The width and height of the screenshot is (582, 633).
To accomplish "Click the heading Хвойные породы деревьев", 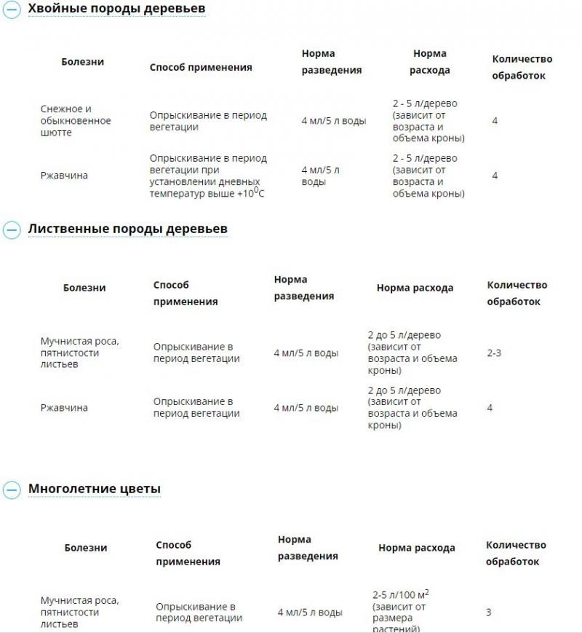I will point(116,9).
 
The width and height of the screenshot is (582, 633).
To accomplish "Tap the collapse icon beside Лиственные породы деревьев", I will point(12,229).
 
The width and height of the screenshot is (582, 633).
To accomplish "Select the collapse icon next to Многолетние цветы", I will point(12,490).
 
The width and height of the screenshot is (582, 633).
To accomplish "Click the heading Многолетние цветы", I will point(95,489).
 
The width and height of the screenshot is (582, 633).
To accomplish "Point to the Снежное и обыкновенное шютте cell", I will point(76,121).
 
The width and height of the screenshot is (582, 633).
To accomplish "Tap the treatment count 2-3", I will point(494,353).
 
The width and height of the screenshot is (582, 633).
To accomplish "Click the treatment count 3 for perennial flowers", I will point(489,613).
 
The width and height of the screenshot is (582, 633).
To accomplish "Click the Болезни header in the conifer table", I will point(82,62).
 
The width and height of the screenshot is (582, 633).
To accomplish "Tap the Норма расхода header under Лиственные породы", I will point(415,288).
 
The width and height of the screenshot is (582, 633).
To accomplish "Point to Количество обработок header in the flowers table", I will point(516,553).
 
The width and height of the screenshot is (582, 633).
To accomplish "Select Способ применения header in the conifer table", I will point(201,67).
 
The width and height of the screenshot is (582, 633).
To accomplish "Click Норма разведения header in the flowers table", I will point(308,547).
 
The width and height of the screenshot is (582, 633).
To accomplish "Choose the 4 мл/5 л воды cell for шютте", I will point(334,121).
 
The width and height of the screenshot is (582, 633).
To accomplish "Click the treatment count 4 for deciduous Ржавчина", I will point(490,408).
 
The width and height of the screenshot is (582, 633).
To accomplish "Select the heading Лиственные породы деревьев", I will point(128,229).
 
